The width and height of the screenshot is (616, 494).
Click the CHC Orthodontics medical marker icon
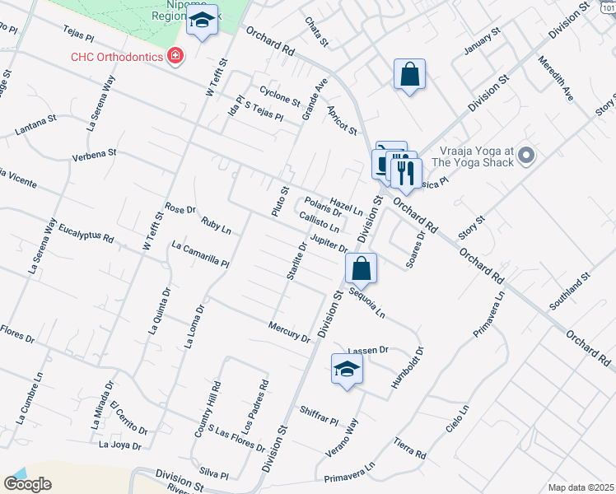[175, 56]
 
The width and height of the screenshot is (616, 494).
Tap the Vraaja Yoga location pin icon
[528, 156]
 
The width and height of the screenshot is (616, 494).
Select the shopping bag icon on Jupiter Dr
[361, 268]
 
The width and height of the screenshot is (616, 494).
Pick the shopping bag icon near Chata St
[409, 75]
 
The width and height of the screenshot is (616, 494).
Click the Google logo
[27, 483]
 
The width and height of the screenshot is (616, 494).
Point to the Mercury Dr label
[289, 332]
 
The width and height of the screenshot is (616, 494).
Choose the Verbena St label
[95, 154]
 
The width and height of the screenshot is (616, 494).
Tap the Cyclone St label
[280, 96]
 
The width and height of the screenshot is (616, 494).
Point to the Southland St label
[571, 291]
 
